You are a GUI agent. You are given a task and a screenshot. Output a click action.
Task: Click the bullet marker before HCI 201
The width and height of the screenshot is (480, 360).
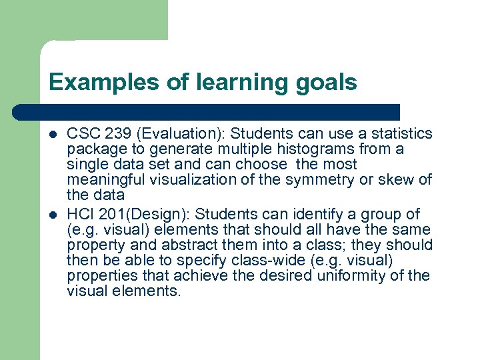54,215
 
